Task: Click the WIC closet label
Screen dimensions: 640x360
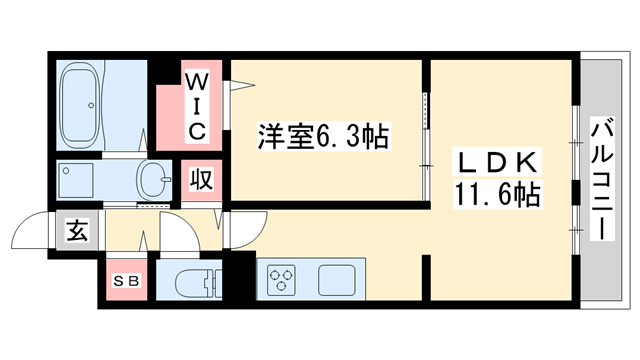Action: (197, 103)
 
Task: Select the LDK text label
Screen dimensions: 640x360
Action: (500, 160)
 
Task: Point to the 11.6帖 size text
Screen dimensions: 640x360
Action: (500, 193)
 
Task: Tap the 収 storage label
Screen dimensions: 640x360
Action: (201, 181)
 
